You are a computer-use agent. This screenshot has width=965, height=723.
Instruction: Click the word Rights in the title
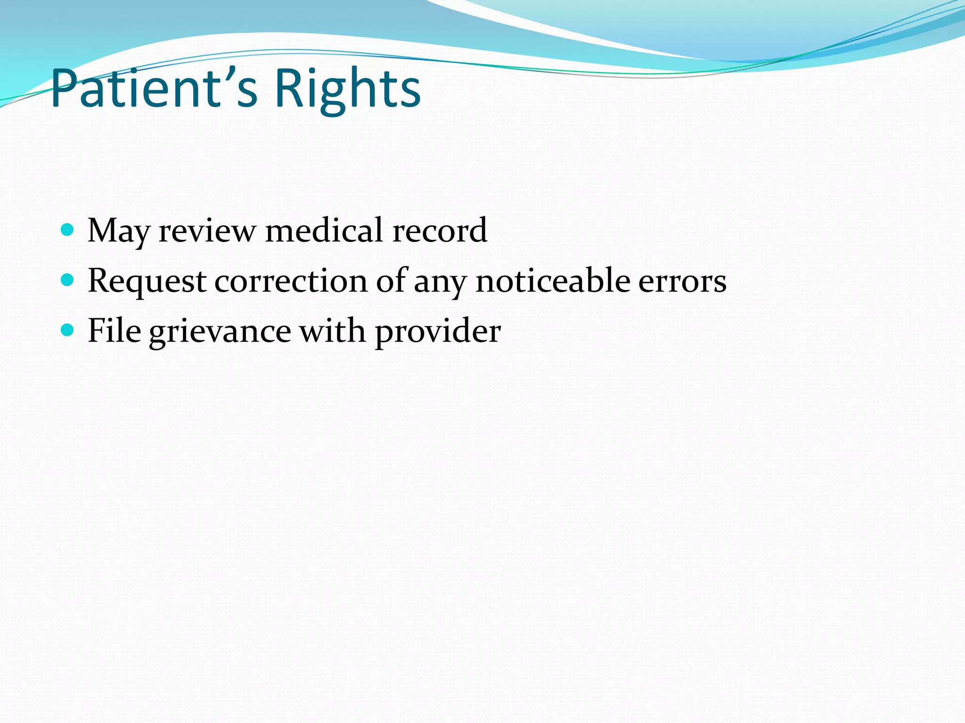coord(347,89)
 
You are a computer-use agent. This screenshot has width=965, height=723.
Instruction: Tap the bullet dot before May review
coord(68,230)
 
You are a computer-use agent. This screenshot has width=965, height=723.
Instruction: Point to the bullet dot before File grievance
coord(68,330)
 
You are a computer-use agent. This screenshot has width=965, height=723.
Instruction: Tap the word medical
coord(324,231)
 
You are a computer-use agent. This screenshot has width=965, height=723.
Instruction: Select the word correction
coord(291,281)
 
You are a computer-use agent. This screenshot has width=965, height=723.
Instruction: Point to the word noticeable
coord(553,281)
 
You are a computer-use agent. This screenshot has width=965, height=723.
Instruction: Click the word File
coord(114,330)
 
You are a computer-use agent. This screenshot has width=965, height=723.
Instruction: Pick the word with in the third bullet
coord(332,330)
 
